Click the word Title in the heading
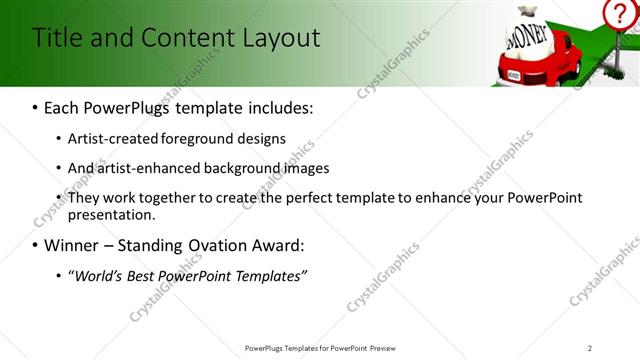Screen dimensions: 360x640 click(x=57, y=38)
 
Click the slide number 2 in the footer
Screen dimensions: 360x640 click(x=589, y=348)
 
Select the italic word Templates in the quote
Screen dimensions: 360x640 click(x=269, y=275)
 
